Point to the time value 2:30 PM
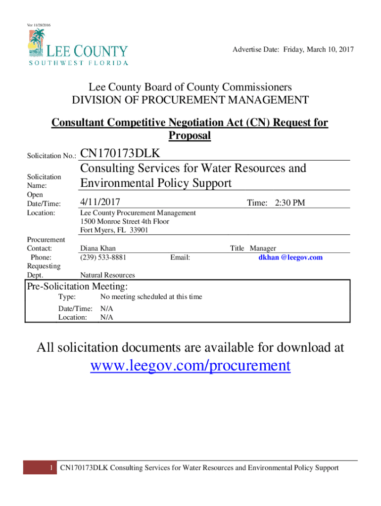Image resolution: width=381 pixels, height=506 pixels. (x=290, y=203)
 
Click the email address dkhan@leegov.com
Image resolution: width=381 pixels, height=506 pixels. (x=290, y=257)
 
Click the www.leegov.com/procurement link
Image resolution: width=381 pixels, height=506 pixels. (x=190, y=366)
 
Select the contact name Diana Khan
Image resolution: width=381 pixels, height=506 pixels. (x=97, y=249)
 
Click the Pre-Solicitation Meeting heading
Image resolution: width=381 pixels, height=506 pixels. (x=77, y=287)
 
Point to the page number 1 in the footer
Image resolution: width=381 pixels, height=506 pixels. (x=51, y=468)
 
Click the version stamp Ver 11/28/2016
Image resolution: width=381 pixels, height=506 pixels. (x=38, y=25)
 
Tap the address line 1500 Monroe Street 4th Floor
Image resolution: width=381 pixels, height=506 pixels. (x=124, y=221)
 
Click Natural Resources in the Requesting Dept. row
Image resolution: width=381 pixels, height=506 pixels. (x=107, y=275)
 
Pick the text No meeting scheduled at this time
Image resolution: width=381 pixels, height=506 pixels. (x=151, y=297)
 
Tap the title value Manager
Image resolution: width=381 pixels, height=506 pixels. (x=263, y=249)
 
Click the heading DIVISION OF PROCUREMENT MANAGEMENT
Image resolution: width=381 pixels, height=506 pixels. (x=190, y=101)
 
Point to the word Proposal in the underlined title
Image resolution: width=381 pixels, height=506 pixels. (x=190, y=135)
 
